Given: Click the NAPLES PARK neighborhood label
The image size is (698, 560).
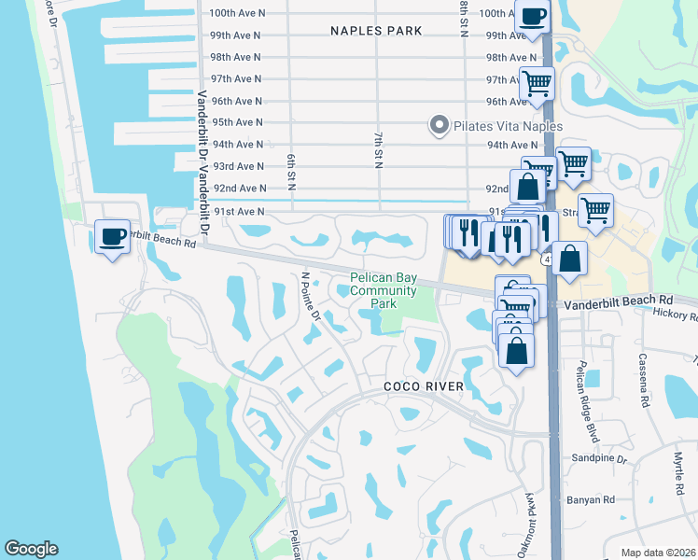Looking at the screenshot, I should [x=376, y=31].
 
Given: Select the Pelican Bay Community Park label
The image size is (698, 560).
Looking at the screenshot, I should [x=384, y=290].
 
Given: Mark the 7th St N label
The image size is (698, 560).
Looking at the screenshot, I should [x=379, y=150].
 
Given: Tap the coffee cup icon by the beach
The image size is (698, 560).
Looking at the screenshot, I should [x=113, y=236].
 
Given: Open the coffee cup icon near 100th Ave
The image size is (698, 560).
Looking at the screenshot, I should [x=533, y=17].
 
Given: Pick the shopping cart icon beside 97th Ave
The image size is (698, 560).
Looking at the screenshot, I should [x=537, y=83].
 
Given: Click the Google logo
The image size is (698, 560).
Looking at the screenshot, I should [x=31, y=549].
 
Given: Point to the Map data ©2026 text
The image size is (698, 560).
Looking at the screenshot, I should [x=658, y=552].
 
